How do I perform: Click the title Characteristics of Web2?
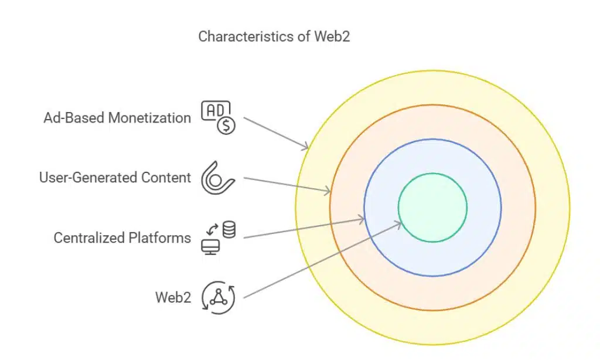[274, 36]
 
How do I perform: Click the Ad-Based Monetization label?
[117, 118]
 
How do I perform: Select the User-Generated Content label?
[115, 178]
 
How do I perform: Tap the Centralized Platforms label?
[122, 237]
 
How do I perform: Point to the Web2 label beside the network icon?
[173, 297]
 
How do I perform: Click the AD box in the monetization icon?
[214, 110]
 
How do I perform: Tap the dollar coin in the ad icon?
[226, 125]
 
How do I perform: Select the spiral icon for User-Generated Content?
[217, 178]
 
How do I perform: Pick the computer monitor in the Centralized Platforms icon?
[210, 246]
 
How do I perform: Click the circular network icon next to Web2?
[217, 297]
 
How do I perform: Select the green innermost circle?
[432, 207]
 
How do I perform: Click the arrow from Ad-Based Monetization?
[275, 133]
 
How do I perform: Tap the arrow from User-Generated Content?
[287, 184]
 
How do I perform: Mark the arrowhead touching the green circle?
[398, 223]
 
